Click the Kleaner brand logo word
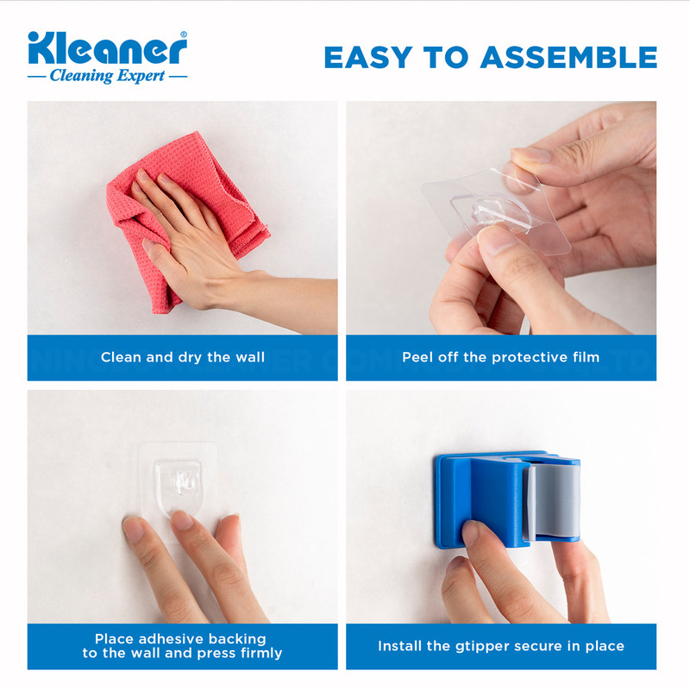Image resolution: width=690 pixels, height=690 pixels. pyautogui.click(x=107, y=48)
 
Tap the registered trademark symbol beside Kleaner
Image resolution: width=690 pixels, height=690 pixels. pyautogui.click(x=184, y=34)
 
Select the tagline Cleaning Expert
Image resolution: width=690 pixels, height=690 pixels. pyautogui.click(x=107, y=76)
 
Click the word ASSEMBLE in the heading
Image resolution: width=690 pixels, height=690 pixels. pyautogui.click(x=568, y=57)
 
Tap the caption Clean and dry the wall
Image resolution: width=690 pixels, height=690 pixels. pyautogui.click(x=183, y=357)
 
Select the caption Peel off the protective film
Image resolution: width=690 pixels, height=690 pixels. pyautogui.click(x=501, y=357)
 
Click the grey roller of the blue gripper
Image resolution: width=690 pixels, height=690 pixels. pyautogui.click(x=553, y=502)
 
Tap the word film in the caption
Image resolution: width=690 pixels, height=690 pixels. pyautogui.click(x=586, y=357)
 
